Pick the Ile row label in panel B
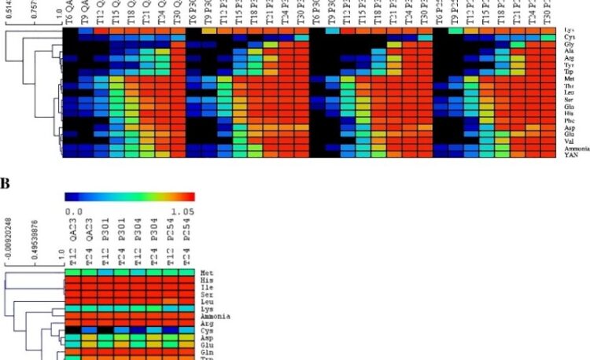coord(207,287)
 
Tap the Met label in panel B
coord(207,272)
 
